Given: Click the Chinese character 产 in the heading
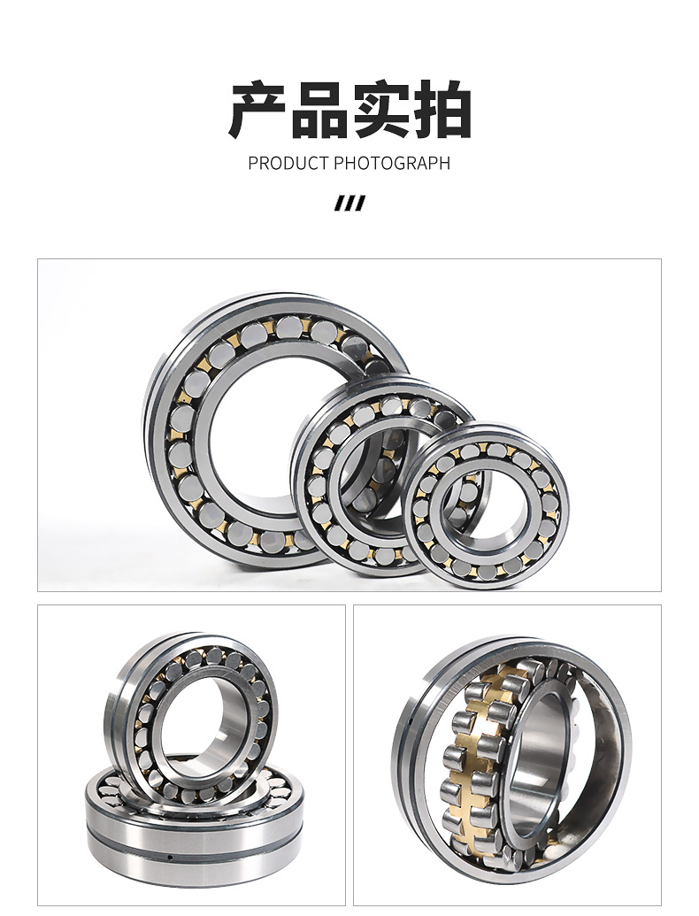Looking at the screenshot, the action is pos(257,110).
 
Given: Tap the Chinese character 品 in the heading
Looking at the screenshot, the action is pos(319,110).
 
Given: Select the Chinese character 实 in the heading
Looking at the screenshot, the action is pos(380,110).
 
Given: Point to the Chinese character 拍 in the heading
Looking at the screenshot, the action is pos(441,110).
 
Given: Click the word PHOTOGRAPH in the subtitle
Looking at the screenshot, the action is pos(392,163).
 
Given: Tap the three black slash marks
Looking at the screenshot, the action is pos(349,203).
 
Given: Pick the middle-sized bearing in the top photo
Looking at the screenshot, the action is pos(310,496).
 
